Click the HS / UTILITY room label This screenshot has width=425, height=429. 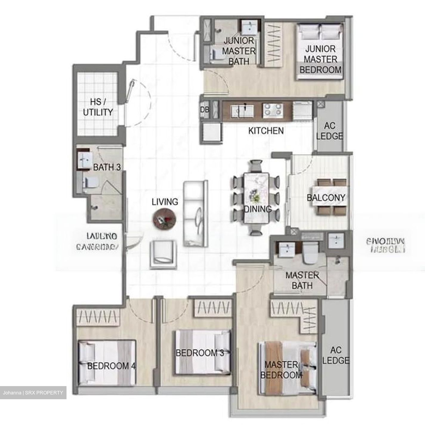(98, 107)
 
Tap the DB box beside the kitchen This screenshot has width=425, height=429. (205, 110)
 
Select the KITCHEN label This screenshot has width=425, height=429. (266, 130)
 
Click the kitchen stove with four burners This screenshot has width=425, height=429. (272, 109)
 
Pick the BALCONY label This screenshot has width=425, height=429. (326, 198)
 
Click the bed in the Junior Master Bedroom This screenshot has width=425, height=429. (321, 52)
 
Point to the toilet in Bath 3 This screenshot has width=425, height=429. (89, 182)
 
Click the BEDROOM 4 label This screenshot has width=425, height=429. (111, 366)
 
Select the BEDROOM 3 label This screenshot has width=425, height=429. (200, 353)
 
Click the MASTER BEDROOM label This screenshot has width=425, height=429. (281, 369)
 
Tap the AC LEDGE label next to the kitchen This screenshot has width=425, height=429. (329, 131)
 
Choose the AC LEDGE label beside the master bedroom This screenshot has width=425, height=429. (336, 355)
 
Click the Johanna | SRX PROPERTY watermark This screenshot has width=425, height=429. (33, 393)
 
